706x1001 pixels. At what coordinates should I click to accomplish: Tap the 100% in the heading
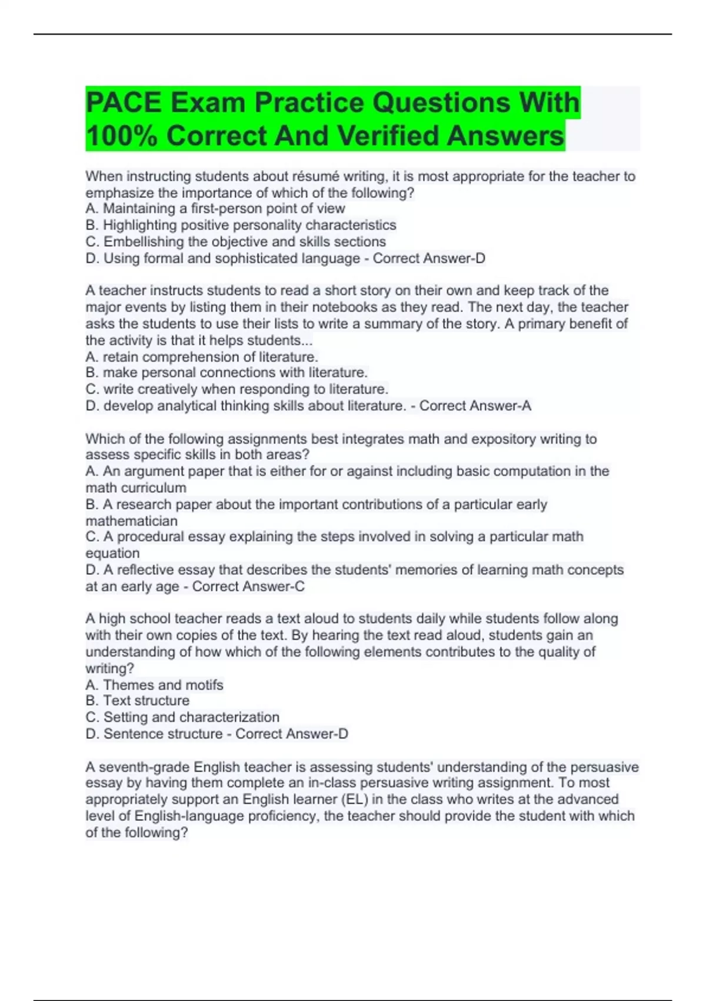click(x=121, y=136)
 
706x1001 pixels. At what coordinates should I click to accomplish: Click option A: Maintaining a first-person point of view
click(x=215, y=208)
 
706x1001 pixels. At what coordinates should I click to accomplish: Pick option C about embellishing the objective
click(x=236, y=241)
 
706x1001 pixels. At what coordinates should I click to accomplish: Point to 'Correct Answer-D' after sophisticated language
click(x=429, y=258)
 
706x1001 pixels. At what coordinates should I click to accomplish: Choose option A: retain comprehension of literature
click(x=202, y=357)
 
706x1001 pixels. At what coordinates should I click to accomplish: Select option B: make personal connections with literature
click(x=227, y=372)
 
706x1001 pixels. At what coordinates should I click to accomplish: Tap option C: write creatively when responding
click(x=237, y=389)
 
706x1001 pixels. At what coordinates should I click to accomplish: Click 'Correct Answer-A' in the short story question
click(x=475, y=406)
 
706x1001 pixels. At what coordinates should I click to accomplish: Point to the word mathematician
click(x=131, y=521)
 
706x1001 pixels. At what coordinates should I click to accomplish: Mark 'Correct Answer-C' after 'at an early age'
click(x=248, y=586)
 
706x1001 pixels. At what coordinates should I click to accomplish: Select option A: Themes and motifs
click(x=154, y=685)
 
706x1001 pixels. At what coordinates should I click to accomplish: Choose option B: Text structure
click(x=138, y=701)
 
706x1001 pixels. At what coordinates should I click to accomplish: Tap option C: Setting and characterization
click(x=182, y=717)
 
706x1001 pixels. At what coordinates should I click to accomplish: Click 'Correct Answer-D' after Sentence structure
click(x=292, y=734)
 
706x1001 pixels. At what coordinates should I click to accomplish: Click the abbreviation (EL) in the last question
click(x=355, y=799)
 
